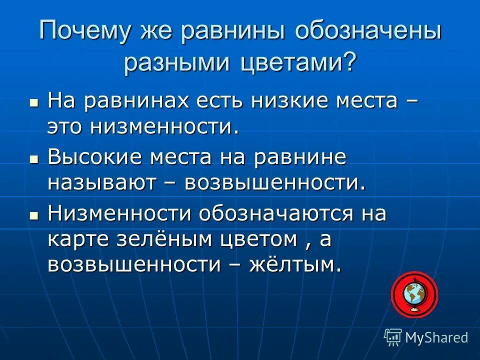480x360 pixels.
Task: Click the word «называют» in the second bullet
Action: click(x=100, y=183)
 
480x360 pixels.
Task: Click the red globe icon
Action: click(x=414, y=295)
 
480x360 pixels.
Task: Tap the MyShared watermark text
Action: click(x=436, y=337)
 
